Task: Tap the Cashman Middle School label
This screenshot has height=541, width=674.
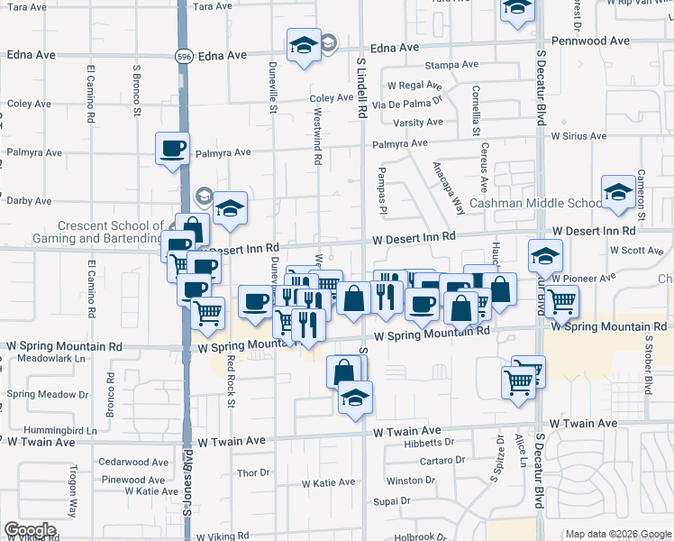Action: click(535, 204)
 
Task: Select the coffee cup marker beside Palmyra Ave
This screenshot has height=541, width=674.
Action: click(172, 150)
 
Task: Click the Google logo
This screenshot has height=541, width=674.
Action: click(30, 530)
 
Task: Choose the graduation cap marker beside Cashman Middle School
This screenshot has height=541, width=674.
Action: click(618, 194)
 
